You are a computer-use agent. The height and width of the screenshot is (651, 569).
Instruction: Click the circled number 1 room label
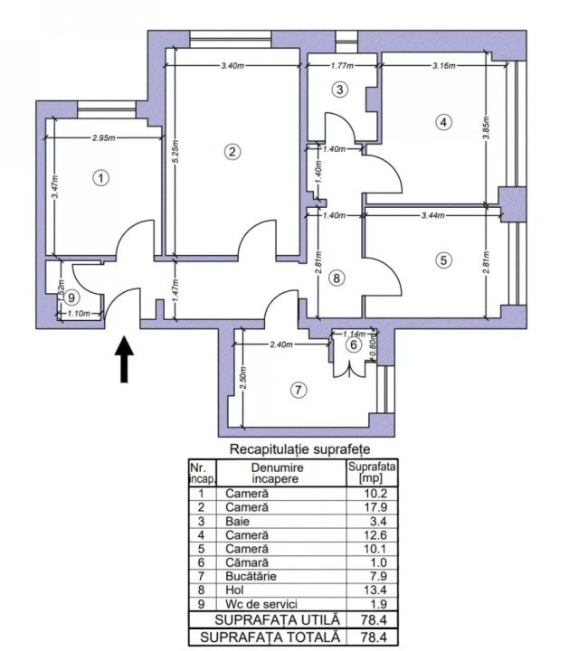pyautogui.click(x=100, y=178)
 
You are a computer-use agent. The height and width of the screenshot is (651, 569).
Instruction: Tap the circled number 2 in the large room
pyautogui.click(x=232, y=152)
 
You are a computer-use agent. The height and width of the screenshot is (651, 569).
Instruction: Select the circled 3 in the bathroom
pyautogui.click(x=340, y=90)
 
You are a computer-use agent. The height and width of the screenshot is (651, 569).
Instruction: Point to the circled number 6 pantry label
pyautogui.click(x=354, y=344)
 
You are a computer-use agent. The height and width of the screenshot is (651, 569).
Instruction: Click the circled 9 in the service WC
pyautogui.click(x=71, y=297)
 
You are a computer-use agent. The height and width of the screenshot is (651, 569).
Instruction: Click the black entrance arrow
pyautogui.click(x=124, y=359)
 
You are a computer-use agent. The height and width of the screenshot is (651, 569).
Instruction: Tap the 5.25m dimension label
pyautogui.click(x=175, y=152)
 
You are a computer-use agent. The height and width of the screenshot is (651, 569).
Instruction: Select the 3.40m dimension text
pyautogui.click(x=232, y=65)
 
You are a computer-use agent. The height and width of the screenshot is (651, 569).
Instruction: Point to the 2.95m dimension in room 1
pyautogui.click(x=104, y=137)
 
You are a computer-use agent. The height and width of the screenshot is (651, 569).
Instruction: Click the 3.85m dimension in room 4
pyautogui.click(x=488, y=128)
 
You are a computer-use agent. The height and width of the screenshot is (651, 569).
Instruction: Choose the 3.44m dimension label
pyautogui.click(x=432, y=215)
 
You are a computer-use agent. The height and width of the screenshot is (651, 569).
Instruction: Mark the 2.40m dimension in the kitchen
pyautogui.click(x=281, y=344)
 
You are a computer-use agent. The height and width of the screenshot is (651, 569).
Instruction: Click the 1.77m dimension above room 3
pyautogui.click(x=342, y=65)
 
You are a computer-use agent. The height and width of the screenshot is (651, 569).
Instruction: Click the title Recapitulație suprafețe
pyautogui.click(x=299, y=449)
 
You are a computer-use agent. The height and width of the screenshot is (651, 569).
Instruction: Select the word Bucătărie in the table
pyautogui.click(x=251, y=576)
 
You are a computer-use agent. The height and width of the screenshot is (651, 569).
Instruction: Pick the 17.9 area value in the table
pyautogui.click(x=375, y=507)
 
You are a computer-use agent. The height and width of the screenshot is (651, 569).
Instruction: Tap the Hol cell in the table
pyautogui.click(x=234, y=590)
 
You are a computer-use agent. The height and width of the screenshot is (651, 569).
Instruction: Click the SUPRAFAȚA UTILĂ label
pyautogui.click(x=277, y=620)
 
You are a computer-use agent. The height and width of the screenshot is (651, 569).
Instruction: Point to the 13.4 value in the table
pyautogui.click(x=375, y=590)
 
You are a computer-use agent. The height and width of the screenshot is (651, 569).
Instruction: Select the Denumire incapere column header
pyautogui.click(x=278, y=473)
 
